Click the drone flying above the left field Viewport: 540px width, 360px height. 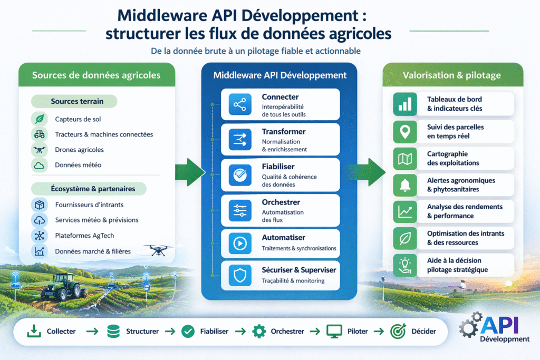click(x=157, y=250)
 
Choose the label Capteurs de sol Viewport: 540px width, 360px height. click(x=76, y=119)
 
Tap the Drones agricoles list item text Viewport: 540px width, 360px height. click(x=79, y=150)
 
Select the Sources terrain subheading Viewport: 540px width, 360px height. click(x=77, y=101)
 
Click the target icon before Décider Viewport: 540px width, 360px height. click(x=397, y=332)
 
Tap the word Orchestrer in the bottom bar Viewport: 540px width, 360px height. click(x=287, y=332)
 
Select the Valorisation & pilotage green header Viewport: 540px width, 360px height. click(x=452, y=75)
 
